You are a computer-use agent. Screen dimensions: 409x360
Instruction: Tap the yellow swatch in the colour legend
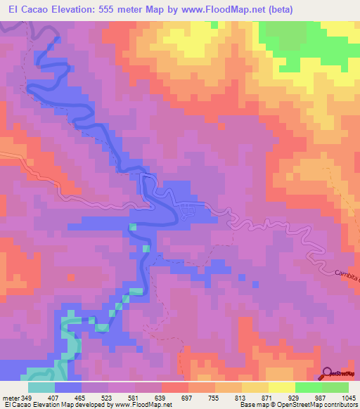click(x=281, y=387)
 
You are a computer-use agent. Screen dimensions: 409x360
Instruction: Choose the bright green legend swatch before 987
click(x=307, y=387)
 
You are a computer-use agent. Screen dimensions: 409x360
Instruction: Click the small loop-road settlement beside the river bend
click(x=188, y=211)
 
